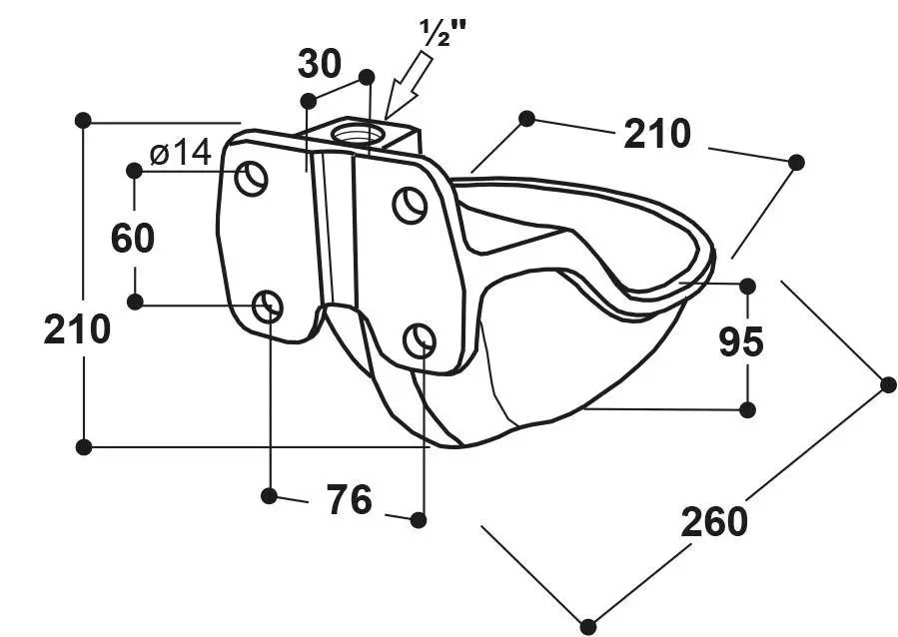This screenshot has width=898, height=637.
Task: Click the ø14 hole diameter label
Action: click(181, 152)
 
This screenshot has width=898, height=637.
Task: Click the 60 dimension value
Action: click(132, 238)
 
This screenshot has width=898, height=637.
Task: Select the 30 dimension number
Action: click(320, 64)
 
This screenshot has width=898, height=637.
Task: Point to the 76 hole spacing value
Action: click(350, 499)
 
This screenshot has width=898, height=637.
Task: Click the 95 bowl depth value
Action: click(741, 341)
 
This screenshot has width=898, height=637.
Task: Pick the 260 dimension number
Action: click(714, 522)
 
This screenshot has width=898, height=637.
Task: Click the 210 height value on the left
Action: click(77, 329)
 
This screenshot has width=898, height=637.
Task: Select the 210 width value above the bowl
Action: click(657, 134)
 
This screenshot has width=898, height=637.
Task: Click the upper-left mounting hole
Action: click(252, 178)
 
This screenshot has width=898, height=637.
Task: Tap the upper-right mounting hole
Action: click(411, 205)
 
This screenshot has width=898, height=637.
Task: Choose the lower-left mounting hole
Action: click(268, 307)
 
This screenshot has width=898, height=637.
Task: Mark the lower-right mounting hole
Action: click(420, 340)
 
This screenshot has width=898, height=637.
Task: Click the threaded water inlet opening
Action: click(357, 134)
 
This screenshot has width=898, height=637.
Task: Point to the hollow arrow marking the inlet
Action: click(409, 85)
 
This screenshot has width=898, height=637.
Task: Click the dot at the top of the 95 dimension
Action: click(747, 286)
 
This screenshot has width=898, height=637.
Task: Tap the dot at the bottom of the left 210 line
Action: click(84, 447)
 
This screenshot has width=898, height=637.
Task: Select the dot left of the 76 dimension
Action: click(269, 495)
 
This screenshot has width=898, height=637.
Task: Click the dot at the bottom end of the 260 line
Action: click(588, 626)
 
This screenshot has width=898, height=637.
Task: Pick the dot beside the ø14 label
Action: click(134, 171)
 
